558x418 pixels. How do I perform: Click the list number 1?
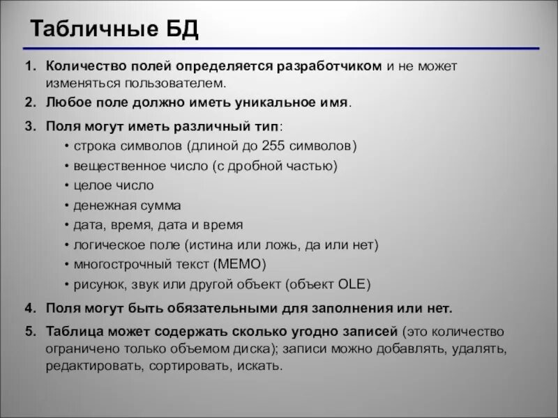pyautogui.click(x=29, y=66)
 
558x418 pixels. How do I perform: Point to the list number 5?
pyautogui.click(x=29, y=331)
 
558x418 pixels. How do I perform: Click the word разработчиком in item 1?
pyautogui.click(x=330, y=66)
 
